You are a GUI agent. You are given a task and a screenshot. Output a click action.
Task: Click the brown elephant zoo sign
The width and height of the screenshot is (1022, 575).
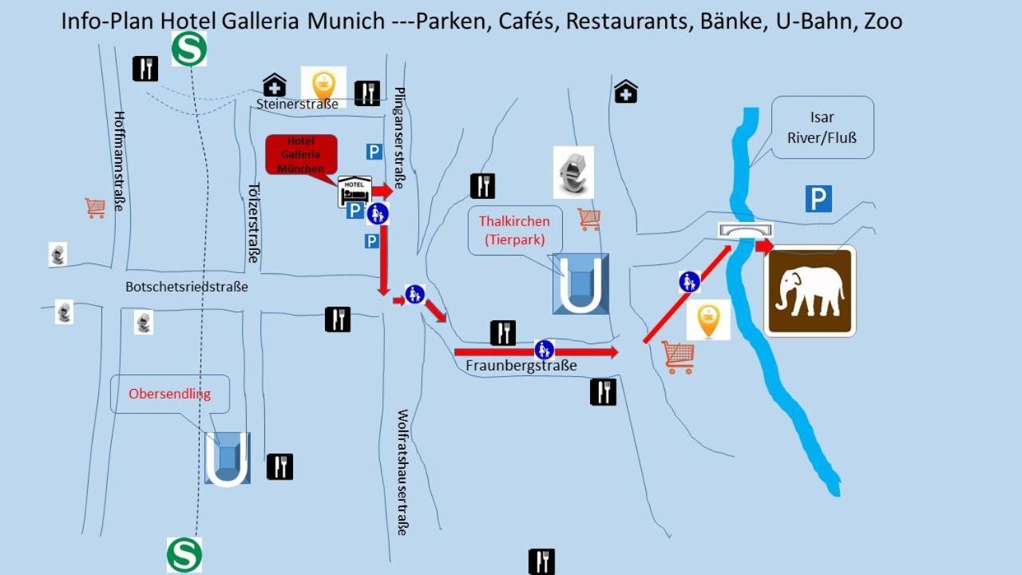(810, 291)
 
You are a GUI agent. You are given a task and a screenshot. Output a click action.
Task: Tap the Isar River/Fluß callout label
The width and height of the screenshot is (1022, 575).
(822, 127)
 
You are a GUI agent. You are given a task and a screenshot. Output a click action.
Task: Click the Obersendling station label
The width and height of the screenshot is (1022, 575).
(169, 394)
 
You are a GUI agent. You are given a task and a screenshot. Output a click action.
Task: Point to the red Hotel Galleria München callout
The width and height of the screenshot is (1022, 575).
(301, 155)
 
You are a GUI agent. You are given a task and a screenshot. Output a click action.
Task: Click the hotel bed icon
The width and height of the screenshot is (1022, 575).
(355, 192)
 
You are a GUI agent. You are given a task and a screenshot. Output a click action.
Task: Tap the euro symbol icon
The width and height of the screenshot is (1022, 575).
(573, 172)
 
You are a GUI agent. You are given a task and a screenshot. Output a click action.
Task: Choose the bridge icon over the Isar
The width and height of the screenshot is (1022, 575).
(745, 230)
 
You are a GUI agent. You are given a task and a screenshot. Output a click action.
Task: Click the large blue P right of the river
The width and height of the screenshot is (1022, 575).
(818, 199)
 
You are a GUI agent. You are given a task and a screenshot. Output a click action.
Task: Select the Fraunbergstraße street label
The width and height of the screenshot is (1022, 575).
(521, 366)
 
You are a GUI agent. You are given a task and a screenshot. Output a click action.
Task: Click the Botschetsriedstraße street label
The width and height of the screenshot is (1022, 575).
(187, 287)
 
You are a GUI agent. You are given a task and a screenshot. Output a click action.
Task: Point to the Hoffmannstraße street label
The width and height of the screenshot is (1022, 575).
(120, 161)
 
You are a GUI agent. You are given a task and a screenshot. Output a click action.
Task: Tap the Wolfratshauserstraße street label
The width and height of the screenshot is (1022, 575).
(402, 472)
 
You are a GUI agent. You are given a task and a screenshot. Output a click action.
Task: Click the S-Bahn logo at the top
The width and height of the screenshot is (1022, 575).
(189, 49)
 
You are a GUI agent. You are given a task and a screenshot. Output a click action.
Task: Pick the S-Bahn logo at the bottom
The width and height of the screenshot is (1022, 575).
(184, 554)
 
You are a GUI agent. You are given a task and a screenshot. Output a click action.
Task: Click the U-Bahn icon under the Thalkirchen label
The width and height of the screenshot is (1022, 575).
(580, 284)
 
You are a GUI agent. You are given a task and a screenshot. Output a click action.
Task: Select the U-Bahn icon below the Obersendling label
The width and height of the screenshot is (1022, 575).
(228, 458)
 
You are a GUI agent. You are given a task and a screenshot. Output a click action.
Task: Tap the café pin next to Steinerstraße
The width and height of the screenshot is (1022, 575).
(323, 83)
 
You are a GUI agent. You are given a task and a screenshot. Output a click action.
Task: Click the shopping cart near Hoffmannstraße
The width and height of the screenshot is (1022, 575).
(95, 208)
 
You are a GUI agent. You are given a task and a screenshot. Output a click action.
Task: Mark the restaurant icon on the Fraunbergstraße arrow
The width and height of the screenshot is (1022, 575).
(502, 333)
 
